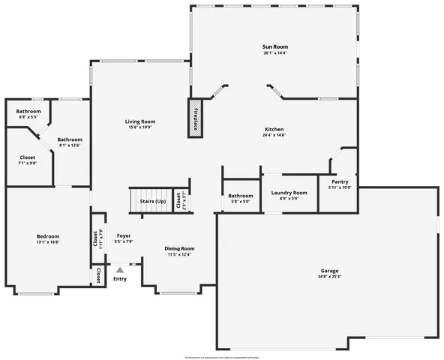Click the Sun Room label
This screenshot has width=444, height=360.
coord(274,46)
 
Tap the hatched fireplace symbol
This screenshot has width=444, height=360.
coord(196,115)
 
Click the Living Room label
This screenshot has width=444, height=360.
coord(139,121)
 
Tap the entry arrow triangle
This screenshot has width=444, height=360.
coord(119,268)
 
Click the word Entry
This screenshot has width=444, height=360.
coord(119,280)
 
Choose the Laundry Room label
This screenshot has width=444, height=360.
coord(289,193)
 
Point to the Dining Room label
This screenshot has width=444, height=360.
coord(179,248)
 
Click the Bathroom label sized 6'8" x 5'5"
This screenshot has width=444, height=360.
coord(28,111)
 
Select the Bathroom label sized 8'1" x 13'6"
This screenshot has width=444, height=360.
coord(70,139)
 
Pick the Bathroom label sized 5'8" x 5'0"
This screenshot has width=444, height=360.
coord(241,196)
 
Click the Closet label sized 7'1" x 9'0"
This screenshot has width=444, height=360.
coord(27,157)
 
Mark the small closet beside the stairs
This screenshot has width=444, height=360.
coord(178,200)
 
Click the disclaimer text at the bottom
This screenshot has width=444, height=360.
coord(222,355)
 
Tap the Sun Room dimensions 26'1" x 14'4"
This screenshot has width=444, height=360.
coord(274,53)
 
